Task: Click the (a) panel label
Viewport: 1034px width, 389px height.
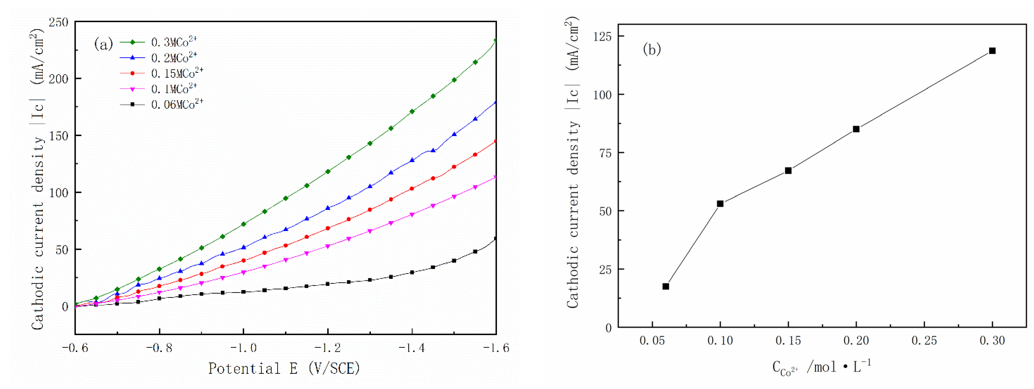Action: [x=103, y=44]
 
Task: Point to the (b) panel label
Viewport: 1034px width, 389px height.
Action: [x=652, y=49]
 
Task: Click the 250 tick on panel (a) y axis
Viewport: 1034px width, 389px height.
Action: [x=59, y=22]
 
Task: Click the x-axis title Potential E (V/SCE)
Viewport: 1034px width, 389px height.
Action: [x=284, y=368]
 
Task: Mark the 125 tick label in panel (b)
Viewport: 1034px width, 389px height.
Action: [x=602, y=37]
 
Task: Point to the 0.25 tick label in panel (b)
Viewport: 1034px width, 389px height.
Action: [x=924, y=341]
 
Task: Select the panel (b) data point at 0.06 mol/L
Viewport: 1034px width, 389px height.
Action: [x=666, y=286]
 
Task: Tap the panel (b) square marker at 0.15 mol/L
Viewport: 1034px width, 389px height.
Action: [x=788, y=171]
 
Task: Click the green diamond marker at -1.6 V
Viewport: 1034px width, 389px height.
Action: [x=496, y=40]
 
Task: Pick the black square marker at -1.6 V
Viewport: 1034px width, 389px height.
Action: [x=496, y=239]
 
